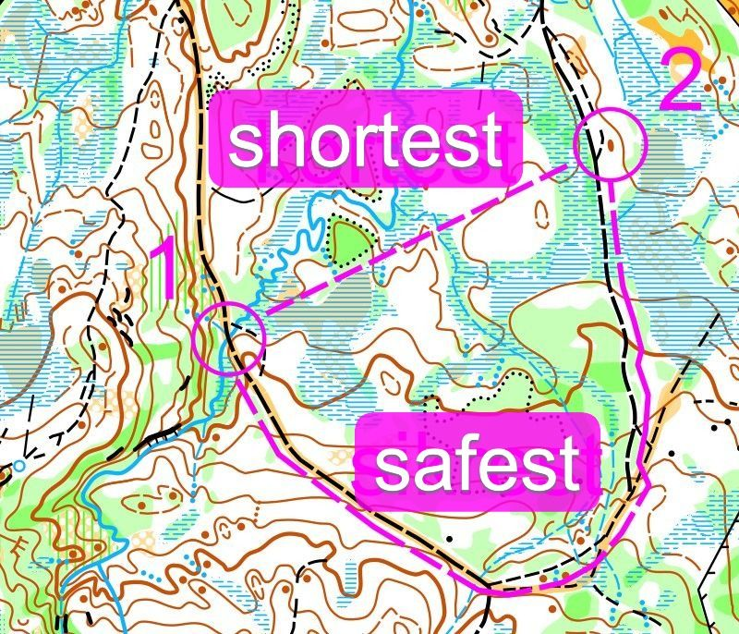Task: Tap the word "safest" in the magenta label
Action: pyautogui.click(x=477, y=464)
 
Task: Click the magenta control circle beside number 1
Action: pyautogui.click(x=229, y=337)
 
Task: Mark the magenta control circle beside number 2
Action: pyautogui.click(x=609, y=144)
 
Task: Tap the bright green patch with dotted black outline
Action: pyautogui.click(x=349, y=242)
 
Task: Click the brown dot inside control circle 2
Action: pyautogui.click(x=610, y=144)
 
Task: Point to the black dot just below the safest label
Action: pyautogui.click(x=450, y=535)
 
